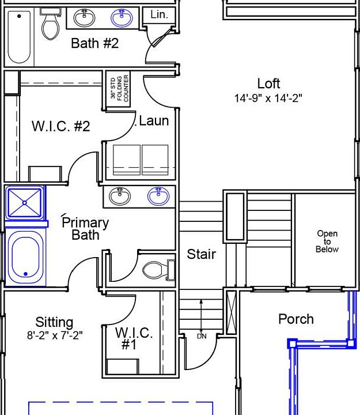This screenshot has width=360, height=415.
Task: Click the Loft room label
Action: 268,84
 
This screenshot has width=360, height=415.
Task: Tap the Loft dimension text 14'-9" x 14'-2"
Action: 268,98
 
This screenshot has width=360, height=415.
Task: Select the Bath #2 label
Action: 94,43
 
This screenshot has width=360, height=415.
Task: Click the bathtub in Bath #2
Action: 19,37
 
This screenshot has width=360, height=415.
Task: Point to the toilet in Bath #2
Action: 50,24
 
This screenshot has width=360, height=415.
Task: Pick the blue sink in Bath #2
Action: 122,18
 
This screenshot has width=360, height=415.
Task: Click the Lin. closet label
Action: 159,14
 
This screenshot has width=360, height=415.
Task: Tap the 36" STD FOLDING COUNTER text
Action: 120,88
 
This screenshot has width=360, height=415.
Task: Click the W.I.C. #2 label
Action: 61,126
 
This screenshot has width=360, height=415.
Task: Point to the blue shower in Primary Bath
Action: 25,203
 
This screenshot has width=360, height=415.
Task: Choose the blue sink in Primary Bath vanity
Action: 158,196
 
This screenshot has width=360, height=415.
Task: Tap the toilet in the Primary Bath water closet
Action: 159,270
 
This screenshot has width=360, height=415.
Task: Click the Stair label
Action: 201,254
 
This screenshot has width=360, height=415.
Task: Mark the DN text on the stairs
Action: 202,337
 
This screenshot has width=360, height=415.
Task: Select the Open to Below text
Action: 327,242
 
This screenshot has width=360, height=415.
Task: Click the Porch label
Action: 296,319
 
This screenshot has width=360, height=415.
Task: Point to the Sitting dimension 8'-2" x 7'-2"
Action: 55,335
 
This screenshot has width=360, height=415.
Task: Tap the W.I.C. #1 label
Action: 134,338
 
